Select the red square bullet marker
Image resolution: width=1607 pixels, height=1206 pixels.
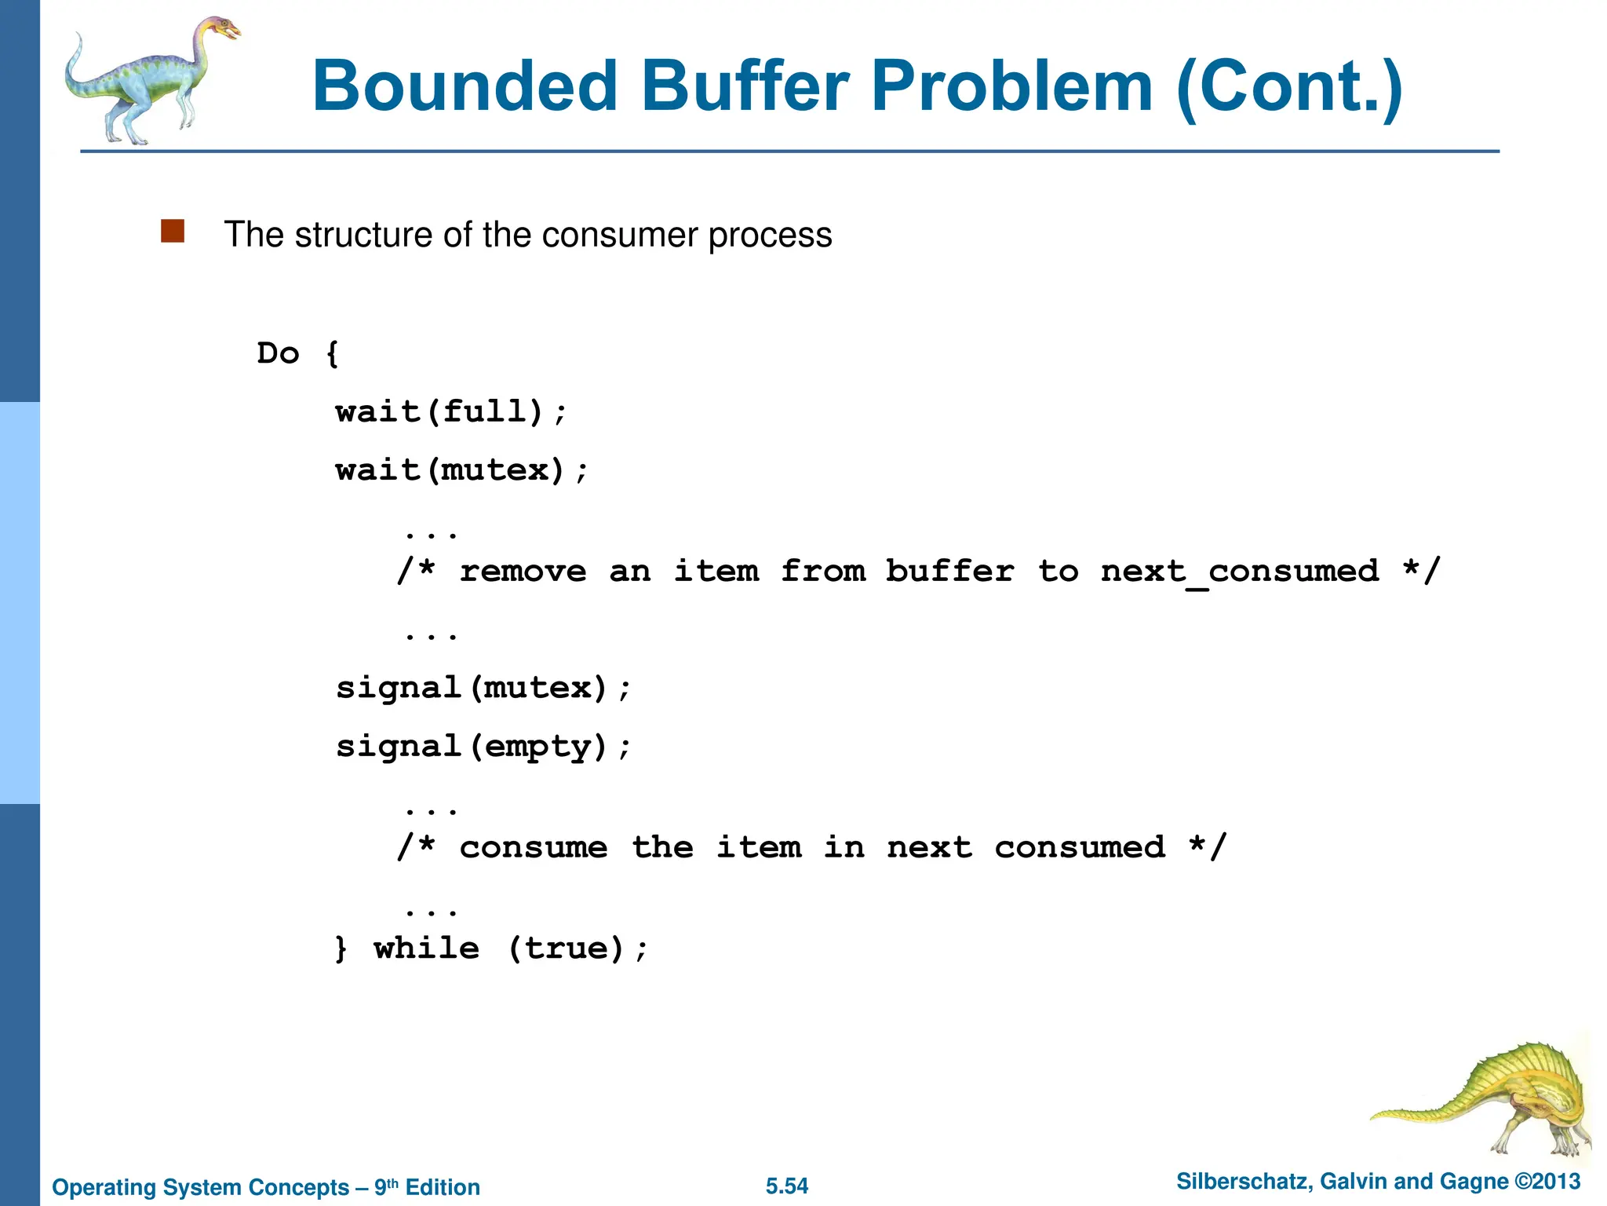tap(173, 232)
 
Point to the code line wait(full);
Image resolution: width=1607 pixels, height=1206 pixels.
tap(450, 411)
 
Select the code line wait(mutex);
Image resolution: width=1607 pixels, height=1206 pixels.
tap(461, 470)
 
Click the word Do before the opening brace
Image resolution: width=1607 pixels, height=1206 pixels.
tap(279, 353)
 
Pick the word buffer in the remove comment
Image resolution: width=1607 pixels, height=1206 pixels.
tap(949, 571)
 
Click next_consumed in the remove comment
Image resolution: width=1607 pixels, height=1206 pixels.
tap(1240, 571)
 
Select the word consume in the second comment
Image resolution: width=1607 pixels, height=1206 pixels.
tap(534, 847)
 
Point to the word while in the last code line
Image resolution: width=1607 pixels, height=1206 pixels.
tap(426, 948)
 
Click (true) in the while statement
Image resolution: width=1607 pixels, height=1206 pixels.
tap(567, 948)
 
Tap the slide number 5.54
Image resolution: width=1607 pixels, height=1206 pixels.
tap(787, 1186)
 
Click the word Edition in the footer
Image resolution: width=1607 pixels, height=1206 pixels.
tap(443, 1187)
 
